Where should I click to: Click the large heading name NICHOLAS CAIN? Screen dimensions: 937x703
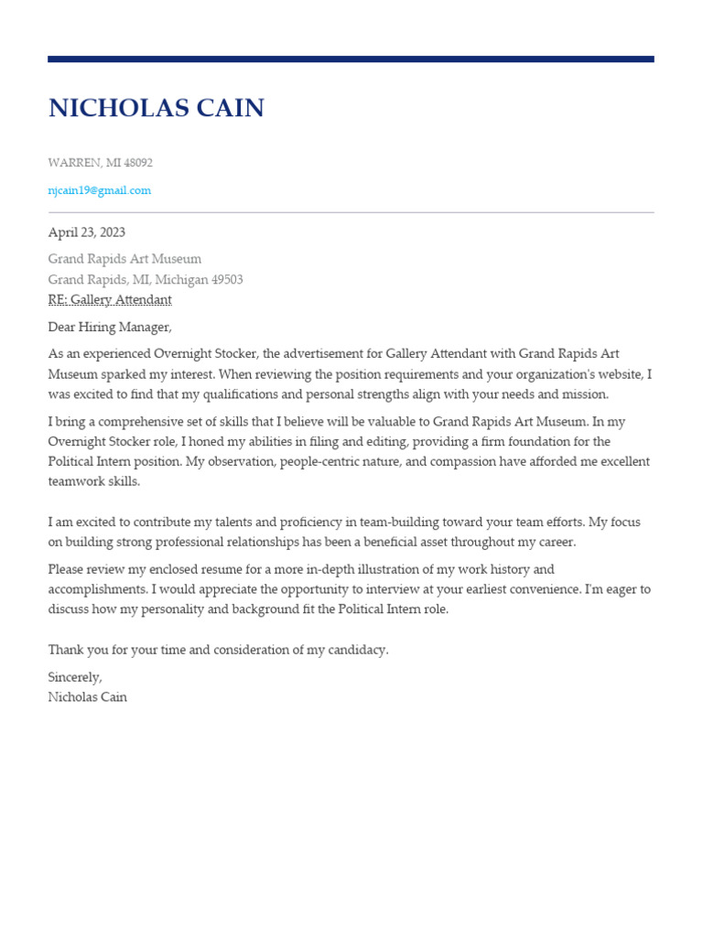156,109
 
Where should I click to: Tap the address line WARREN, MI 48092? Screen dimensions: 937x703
100,163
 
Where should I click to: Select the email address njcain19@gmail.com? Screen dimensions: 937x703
99,190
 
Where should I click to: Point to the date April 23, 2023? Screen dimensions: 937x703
86,232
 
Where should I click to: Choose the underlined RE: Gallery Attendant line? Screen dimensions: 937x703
109,300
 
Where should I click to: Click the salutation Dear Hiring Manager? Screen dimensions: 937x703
109,328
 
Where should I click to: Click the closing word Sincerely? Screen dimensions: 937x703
74,677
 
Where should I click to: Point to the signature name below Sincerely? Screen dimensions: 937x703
87,697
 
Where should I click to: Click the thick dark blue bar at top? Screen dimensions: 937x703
351,59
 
